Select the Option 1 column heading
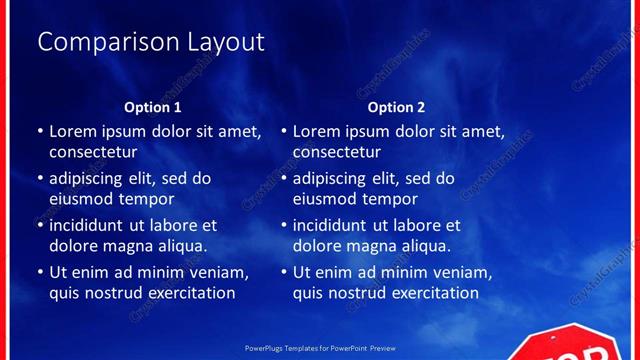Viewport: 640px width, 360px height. pos(153,107)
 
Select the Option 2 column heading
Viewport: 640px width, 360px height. pos(396,107)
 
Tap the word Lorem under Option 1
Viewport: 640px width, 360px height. pos(75,131)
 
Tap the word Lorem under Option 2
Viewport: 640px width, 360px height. pos(319,131)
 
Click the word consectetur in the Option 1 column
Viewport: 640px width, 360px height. pos(93,152)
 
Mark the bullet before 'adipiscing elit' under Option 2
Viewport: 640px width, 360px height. pos(284,179)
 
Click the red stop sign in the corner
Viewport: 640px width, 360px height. pos(570,345)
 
